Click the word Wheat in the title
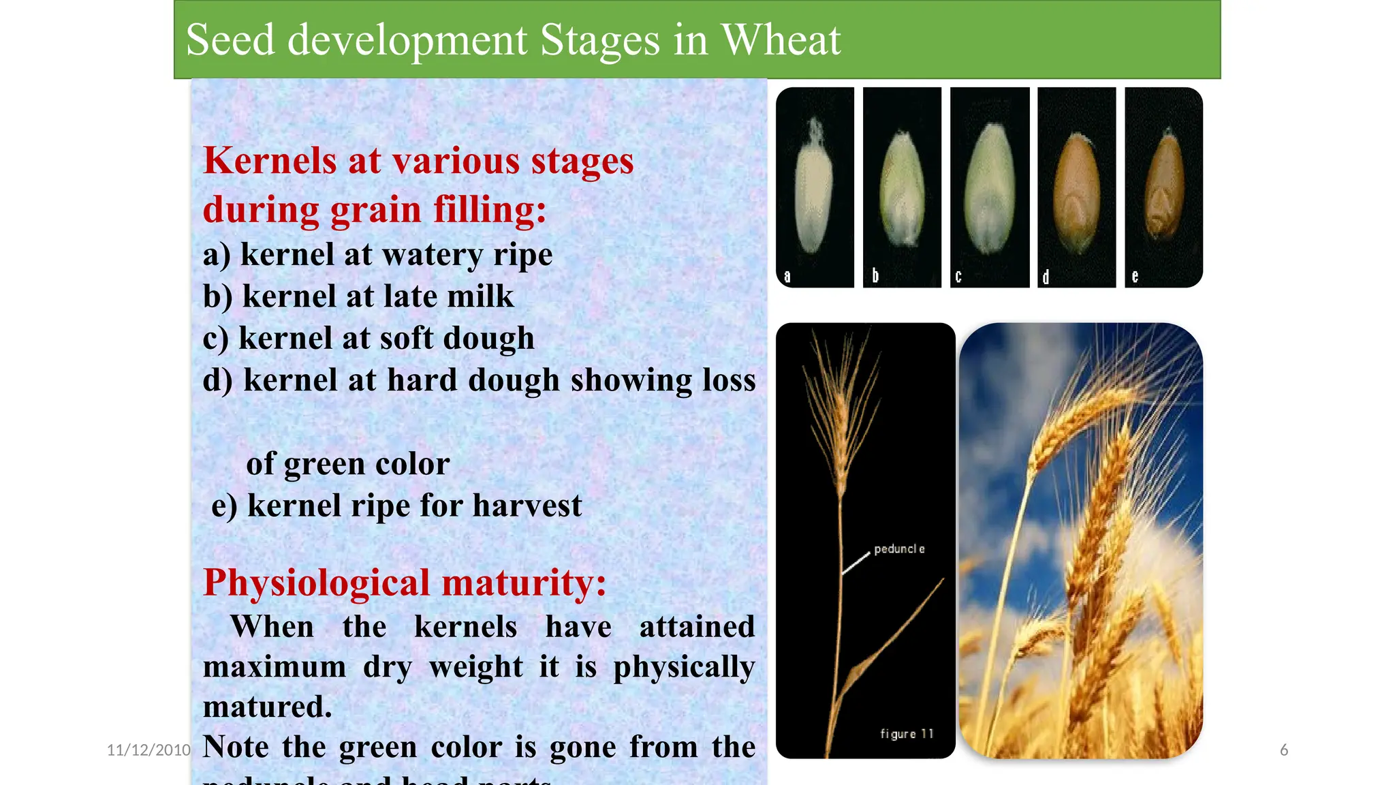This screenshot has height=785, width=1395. (x=781, y=40)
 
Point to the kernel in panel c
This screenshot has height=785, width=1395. (x=989, y=187)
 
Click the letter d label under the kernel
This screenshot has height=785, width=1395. (x=1046, y=277)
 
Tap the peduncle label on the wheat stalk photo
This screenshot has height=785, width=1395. (x=899, y=549)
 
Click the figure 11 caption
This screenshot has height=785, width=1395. (x=907, y=734)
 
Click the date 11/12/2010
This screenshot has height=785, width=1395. (x=148, y=750)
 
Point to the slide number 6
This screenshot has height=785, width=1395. (x=1284, y=750)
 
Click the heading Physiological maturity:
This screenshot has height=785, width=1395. (x=405, y=583)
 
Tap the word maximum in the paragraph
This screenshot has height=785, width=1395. (x=275, y=666)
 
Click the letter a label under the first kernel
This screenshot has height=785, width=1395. (x=787, y=277)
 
